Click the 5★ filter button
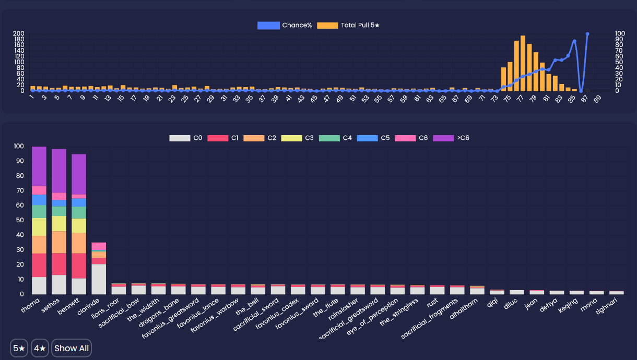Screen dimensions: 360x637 click(x=19, y=348)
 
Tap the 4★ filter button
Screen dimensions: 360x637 click(x=40, y=348)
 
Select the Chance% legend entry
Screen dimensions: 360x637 click(x=285, y=25)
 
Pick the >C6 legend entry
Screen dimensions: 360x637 click(x=451, y=138)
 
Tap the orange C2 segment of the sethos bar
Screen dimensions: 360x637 click(x=59, y=242)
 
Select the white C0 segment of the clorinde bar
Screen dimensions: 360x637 click(x=99, y=279)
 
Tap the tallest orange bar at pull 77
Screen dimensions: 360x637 click(x=523, y=63)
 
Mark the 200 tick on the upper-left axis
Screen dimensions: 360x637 click(x=19, y=34)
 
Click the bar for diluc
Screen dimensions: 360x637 click(x=517, y=292)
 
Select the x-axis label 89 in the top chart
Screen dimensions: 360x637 click(x=597, y=99)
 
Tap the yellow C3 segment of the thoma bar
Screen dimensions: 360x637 click(x=39, y=227)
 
